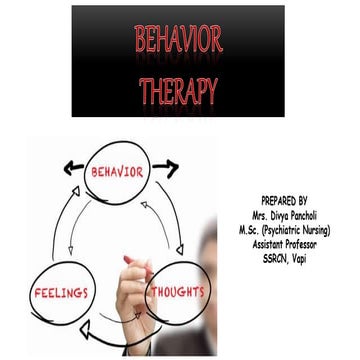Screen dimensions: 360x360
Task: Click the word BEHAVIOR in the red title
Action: (179, 41)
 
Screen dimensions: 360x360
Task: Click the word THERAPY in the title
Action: (179, 91)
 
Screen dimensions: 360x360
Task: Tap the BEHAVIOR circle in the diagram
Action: (119, 169)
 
